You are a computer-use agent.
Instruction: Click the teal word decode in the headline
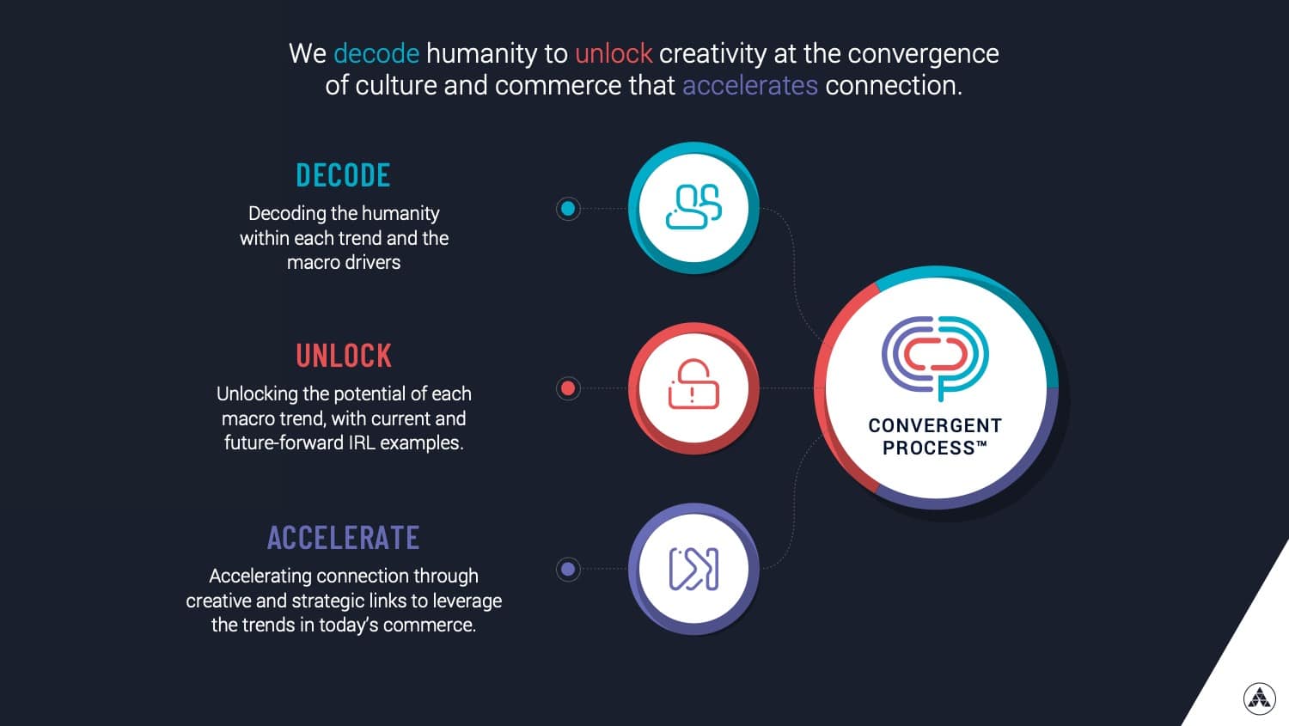[x=376, y=53]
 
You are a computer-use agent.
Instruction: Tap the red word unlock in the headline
[x=614, y=53]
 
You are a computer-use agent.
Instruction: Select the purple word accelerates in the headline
[x=750, y=86]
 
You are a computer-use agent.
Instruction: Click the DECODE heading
[x=343, y=175]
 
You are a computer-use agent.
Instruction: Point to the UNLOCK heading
[x=344, y=356]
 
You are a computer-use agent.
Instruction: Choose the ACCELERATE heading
[x=344, y=537]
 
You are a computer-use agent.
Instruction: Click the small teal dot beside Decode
[x=568, y=209]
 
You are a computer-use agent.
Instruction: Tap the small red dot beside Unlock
[x=568, y=388]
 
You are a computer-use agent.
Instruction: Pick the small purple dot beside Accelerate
[x=568, y=570]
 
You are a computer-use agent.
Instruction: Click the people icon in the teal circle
[x=693, y=207]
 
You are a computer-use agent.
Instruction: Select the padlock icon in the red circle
[x=693, y=384]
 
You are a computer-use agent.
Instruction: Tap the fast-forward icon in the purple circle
[x=693, y=569]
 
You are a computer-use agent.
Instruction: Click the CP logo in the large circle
[x=935, y=357]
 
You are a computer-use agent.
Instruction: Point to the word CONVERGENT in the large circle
[x=935, y=425]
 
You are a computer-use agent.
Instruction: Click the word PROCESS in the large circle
[x=928, y=448]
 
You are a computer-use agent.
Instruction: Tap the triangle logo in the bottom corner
[x=1260, y=699]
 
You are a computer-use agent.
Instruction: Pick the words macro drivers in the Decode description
[x=344, y=263]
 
